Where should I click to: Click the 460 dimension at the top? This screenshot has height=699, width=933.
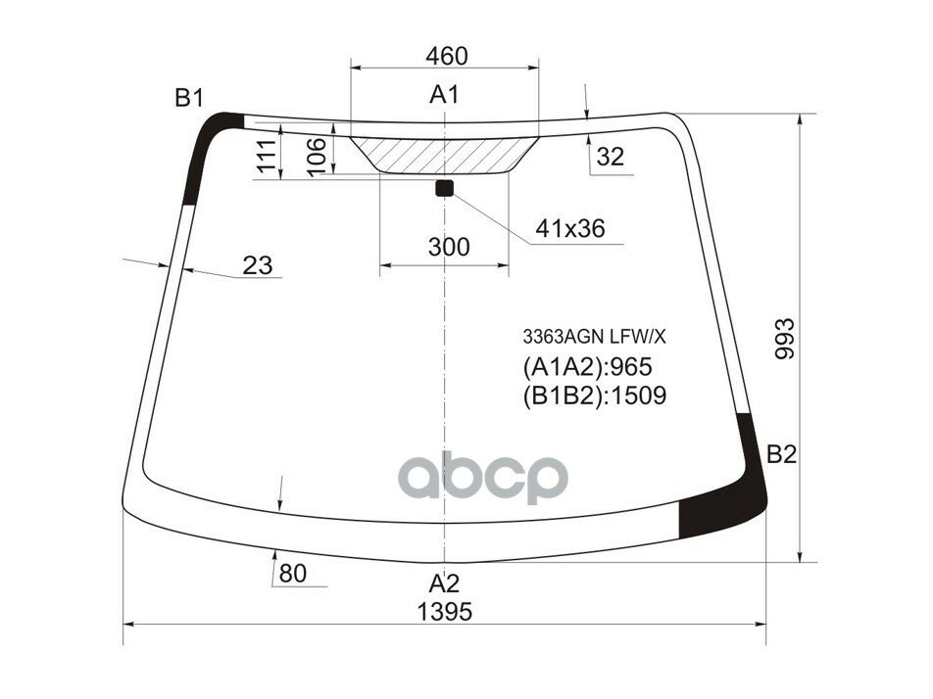point(447,56)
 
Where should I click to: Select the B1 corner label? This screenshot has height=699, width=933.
point(189,97)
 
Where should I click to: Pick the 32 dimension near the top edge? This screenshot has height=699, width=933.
point(610,157)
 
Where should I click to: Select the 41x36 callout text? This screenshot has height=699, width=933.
point(569,229)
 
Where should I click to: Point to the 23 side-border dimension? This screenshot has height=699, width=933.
point(257,264)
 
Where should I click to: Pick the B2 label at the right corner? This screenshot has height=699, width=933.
point(781,454)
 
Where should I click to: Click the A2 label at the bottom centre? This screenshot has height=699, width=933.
point(444,584)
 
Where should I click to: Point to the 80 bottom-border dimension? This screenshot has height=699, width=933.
point(292,573)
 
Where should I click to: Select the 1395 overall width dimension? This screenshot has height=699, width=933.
point(445,612)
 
